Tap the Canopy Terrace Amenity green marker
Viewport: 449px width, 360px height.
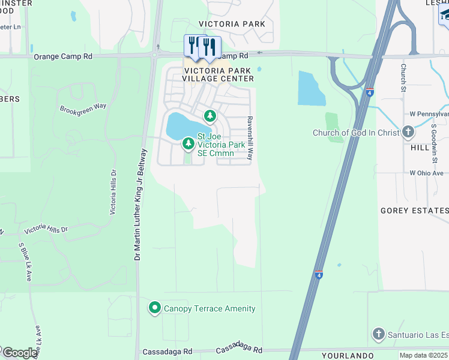click(x=154, y=308)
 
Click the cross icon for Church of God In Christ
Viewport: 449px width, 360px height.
click(x=408, y=131)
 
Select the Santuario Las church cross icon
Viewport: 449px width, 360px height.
click(x=378, y=333)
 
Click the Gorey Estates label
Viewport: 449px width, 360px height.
click(x=414, y=211)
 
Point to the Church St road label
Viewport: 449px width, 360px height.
click(x=404, y=74)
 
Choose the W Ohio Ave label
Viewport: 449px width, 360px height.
click(x=429, y=173)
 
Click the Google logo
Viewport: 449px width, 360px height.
click(x=20, y=353)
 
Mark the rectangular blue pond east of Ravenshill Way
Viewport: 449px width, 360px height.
click(x=311, y=89)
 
